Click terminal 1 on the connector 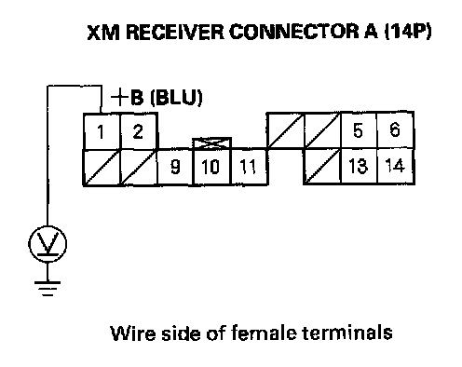pyautogui.click(x=102, y=131)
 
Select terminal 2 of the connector pyautogui.click(x=139, y=131)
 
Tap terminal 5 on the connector pyautogui.click(x=359, y=130)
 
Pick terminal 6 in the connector pyautogui.click(x=395, y=130)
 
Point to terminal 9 pyautogui.click(x=175, y=167)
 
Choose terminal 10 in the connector pyautogui.click(x=212, y=167)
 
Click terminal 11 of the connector pyautogui.click(x=250, y=167)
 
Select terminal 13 pyautogui.click(x=359, y=167)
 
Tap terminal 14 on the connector pyautogui.click(x=396, y=167)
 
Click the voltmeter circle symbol pyautogui.click(x=48, y=244)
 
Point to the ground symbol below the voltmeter pyautogui.click(x=48, y=289)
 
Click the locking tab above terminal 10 pyautogui.click(x=212, y=143)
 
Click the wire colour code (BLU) pyautogui.click(x=176, y=98)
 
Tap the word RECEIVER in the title pyautogui.click(x=175, y=32)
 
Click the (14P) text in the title pyautogui.click(x=408, y=32)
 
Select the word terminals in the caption pyautogui.click(x=346, y=333)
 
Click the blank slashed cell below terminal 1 pyautogui.click(x=102, y=168)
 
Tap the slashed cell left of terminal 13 pyautogui.click(x=322, y=167)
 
